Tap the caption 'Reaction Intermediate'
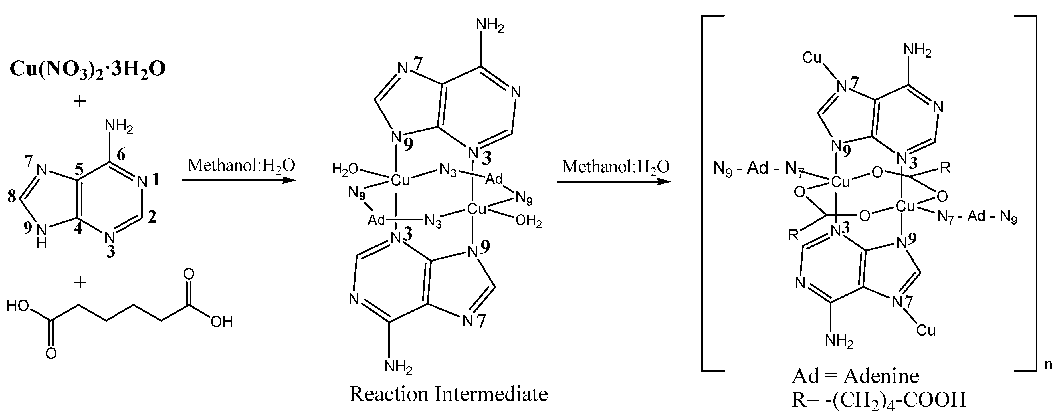tap(449, 394)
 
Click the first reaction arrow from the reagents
tap(239, 181)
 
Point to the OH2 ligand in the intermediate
tap(528, 222)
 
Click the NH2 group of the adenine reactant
tap(119, 127)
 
